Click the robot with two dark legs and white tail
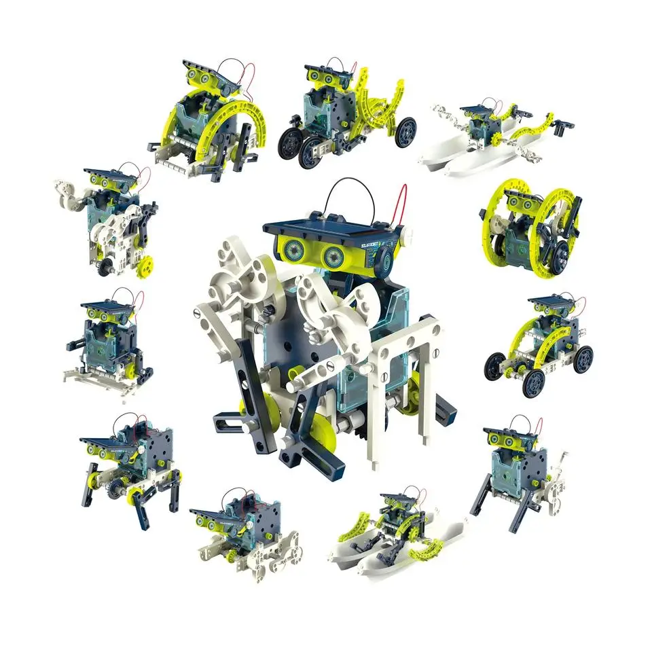516,469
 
